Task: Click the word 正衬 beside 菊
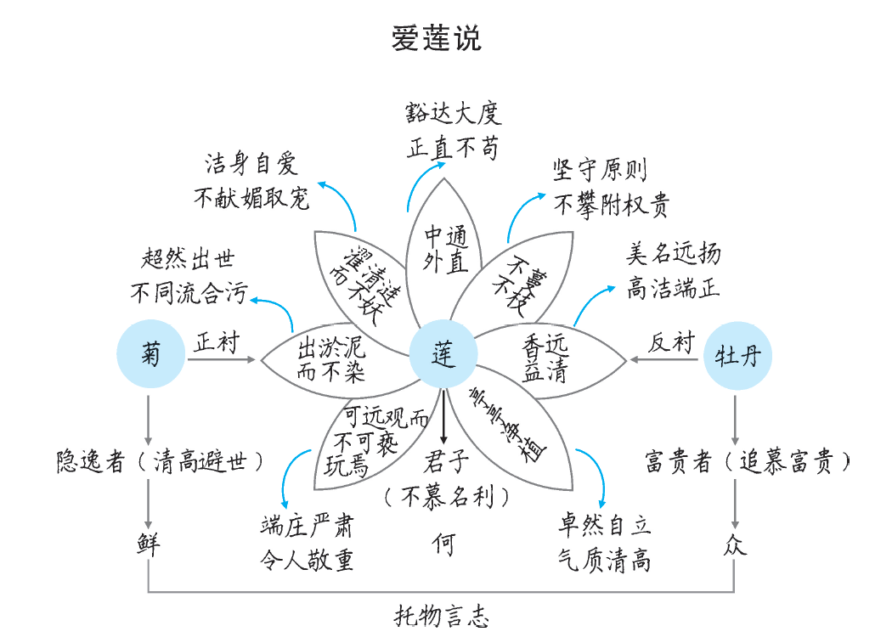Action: (x=217, y=343)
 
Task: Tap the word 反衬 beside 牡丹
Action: (x=671, y=343)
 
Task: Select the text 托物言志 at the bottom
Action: (x=442, y=615)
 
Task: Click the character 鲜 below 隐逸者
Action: (x=149, y=544)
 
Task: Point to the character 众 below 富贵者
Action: (x=735, y=544)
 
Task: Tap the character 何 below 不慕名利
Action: (x=443, y=544)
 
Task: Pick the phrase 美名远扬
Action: (x=674, y=253)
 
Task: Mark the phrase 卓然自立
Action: (x=604, y=525)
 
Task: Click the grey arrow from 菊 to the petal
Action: (x=221, y=360)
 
